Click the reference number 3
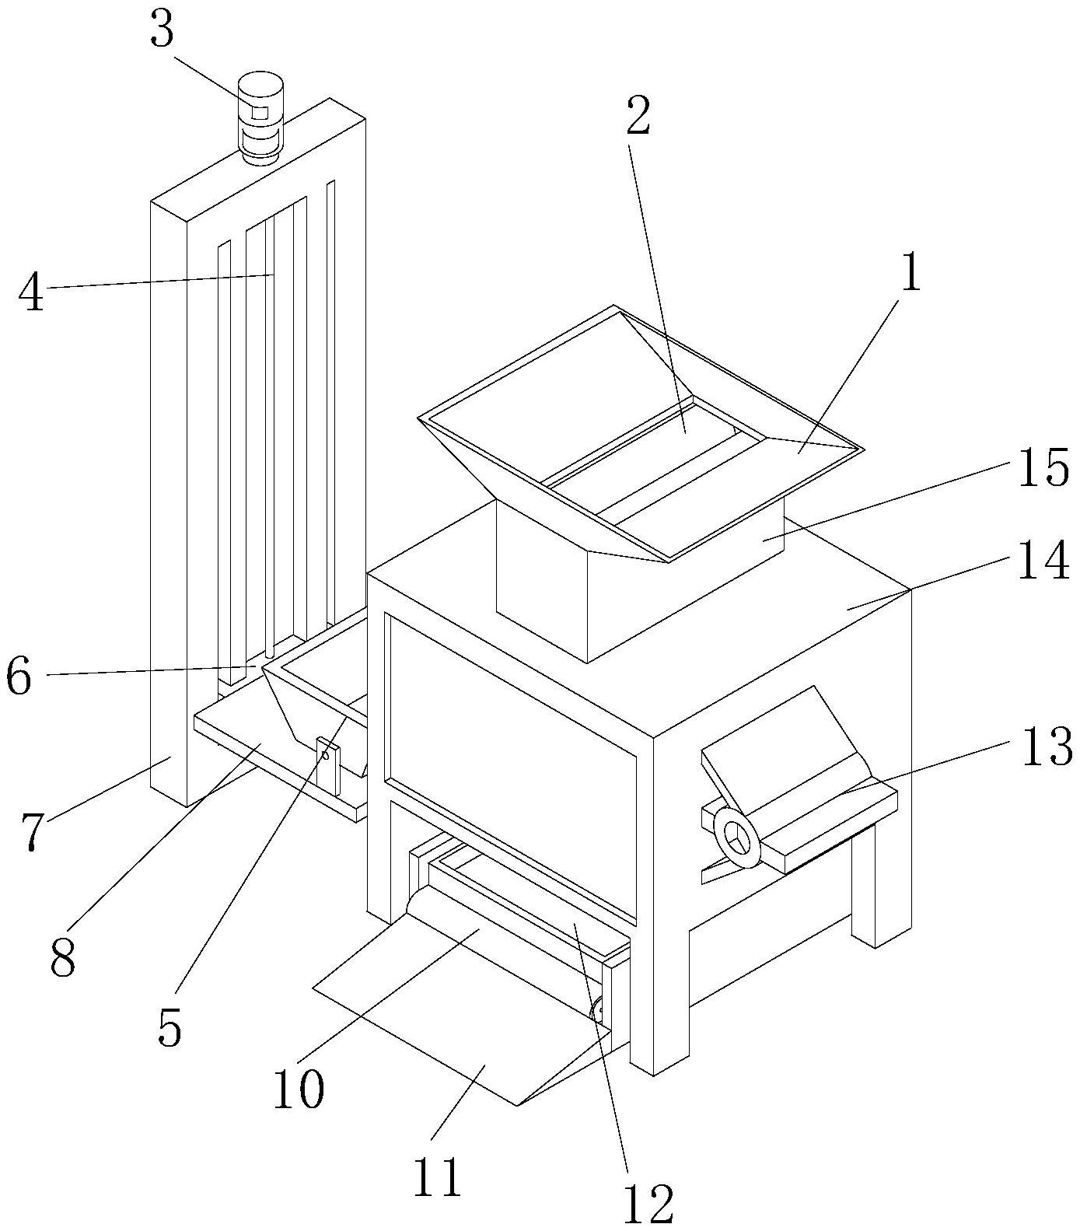click(162, 31)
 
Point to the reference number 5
click(169, 1027)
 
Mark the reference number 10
click(297, 1089)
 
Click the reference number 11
click(438, 1177)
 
